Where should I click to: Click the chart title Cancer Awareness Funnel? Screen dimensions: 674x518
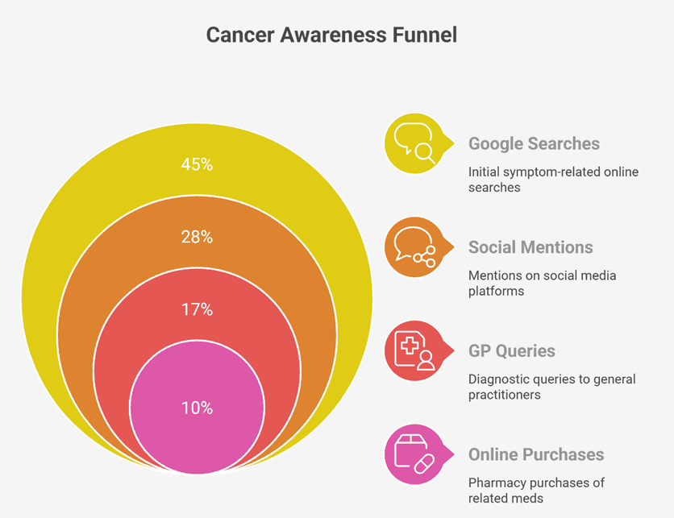pos(331,35)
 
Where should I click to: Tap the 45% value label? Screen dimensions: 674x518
pos(197,164)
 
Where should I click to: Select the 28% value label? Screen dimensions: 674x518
pos(197,237)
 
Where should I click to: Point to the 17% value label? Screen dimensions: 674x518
pos(197,309)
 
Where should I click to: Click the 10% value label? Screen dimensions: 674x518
pos(197,408)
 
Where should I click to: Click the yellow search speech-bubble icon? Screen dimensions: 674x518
pos(415,143)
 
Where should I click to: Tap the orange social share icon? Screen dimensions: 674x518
pos(415,247)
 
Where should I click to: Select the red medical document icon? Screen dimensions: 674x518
pos(415,350)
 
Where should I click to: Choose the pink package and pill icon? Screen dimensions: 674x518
pos(415,454)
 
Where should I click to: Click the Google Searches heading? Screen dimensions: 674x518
pos(534,144)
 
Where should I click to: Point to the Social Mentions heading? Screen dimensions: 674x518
pos(530,247)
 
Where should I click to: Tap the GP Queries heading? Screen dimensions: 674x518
pos(511,351)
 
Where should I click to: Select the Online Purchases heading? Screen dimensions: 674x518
pos(536,454)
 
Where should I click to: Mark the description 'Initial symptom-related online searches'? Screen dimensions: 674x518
pos(553,180)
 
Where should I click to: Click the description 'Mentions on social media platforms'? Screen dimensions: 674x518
pos(542,283)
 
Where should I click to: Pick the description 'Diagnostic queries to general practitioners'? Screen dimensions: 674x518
pos(552,387)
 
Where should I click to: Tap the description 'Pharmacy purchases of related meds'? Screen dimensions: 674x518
pos(536,490)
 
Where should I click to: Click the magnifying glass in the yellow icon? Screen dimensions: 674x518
pos(426,153)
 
